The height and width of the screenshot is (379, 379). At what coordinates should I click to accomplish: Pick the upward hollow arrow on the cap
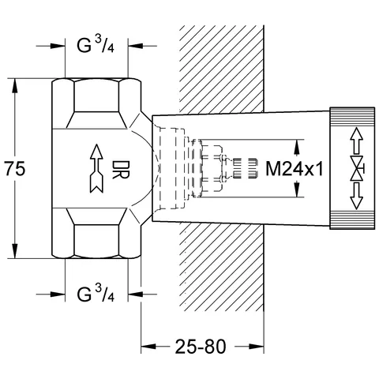[355, 142]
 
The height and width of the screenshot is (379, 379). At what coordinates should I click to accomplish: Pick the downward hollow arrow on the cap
[355, 196]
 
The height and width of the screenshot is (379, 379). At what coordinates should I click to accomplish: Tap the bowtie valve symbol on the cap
[355, 168]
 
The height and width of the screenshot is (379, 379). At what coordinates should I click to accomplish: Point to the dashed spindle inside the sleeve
[229, 168]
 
